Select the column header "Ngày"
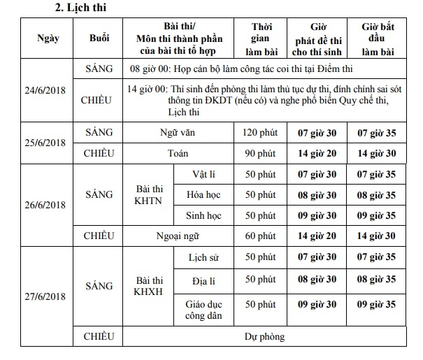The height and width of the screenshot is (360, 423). tap(48, 38)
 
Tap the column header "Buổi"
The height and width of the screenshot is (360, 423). tap(100, 38)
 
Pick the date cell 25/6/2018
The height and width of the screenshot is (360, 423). tap(48, 143)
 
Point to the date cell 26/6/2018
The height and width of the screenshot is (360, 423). tap(48, 205)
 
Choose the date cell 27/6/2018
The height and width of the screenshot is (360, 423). tap(48, 297)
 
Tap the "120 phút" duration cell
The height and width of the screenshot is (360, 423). tap(261, 132)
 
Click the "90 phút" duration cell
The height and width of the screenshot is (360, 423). tap(261, 153)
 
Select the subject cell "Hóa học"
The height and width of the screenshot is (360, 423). tap(203, 194)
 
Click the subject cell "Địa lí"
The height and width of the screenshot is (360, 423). tap(203, 281)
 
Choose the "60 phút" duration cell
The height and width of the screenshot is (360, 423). tap(261, 236)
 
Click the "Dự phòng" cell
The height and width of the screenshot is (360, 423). tap(264, 337)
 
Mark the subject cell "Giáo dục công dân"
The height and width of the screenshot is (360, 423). tap(203, 310)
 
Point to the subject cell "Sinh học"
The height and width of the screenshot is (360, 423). tap(203, 215)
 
